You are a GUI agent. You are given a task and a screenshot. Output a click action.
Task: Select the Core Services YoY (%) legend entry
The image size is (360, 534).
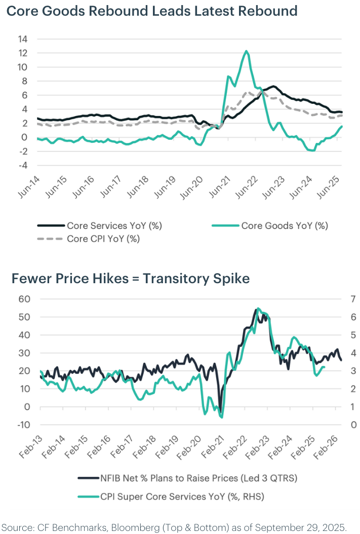114,225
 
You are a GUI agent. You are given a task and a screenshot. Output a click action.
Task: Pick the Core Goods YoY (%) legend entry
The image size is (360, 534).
285,225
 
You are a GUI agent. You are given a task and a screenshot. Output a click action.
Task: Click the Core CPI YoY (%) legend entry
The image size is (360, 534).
103,239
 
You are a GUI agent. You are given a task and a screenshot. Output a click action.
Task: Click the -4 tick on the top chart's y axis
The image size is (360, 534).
24,166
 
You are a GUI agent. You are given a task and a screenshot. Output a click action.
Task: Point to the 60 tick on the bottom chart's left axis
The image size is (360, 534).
24,299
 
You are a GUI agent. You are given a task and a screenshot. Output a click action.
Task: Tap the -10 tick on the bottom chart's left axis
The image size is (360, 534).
22,425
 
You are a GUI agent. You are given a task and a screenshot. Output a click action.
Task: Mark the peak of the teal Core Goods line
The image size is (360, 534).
246,51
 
